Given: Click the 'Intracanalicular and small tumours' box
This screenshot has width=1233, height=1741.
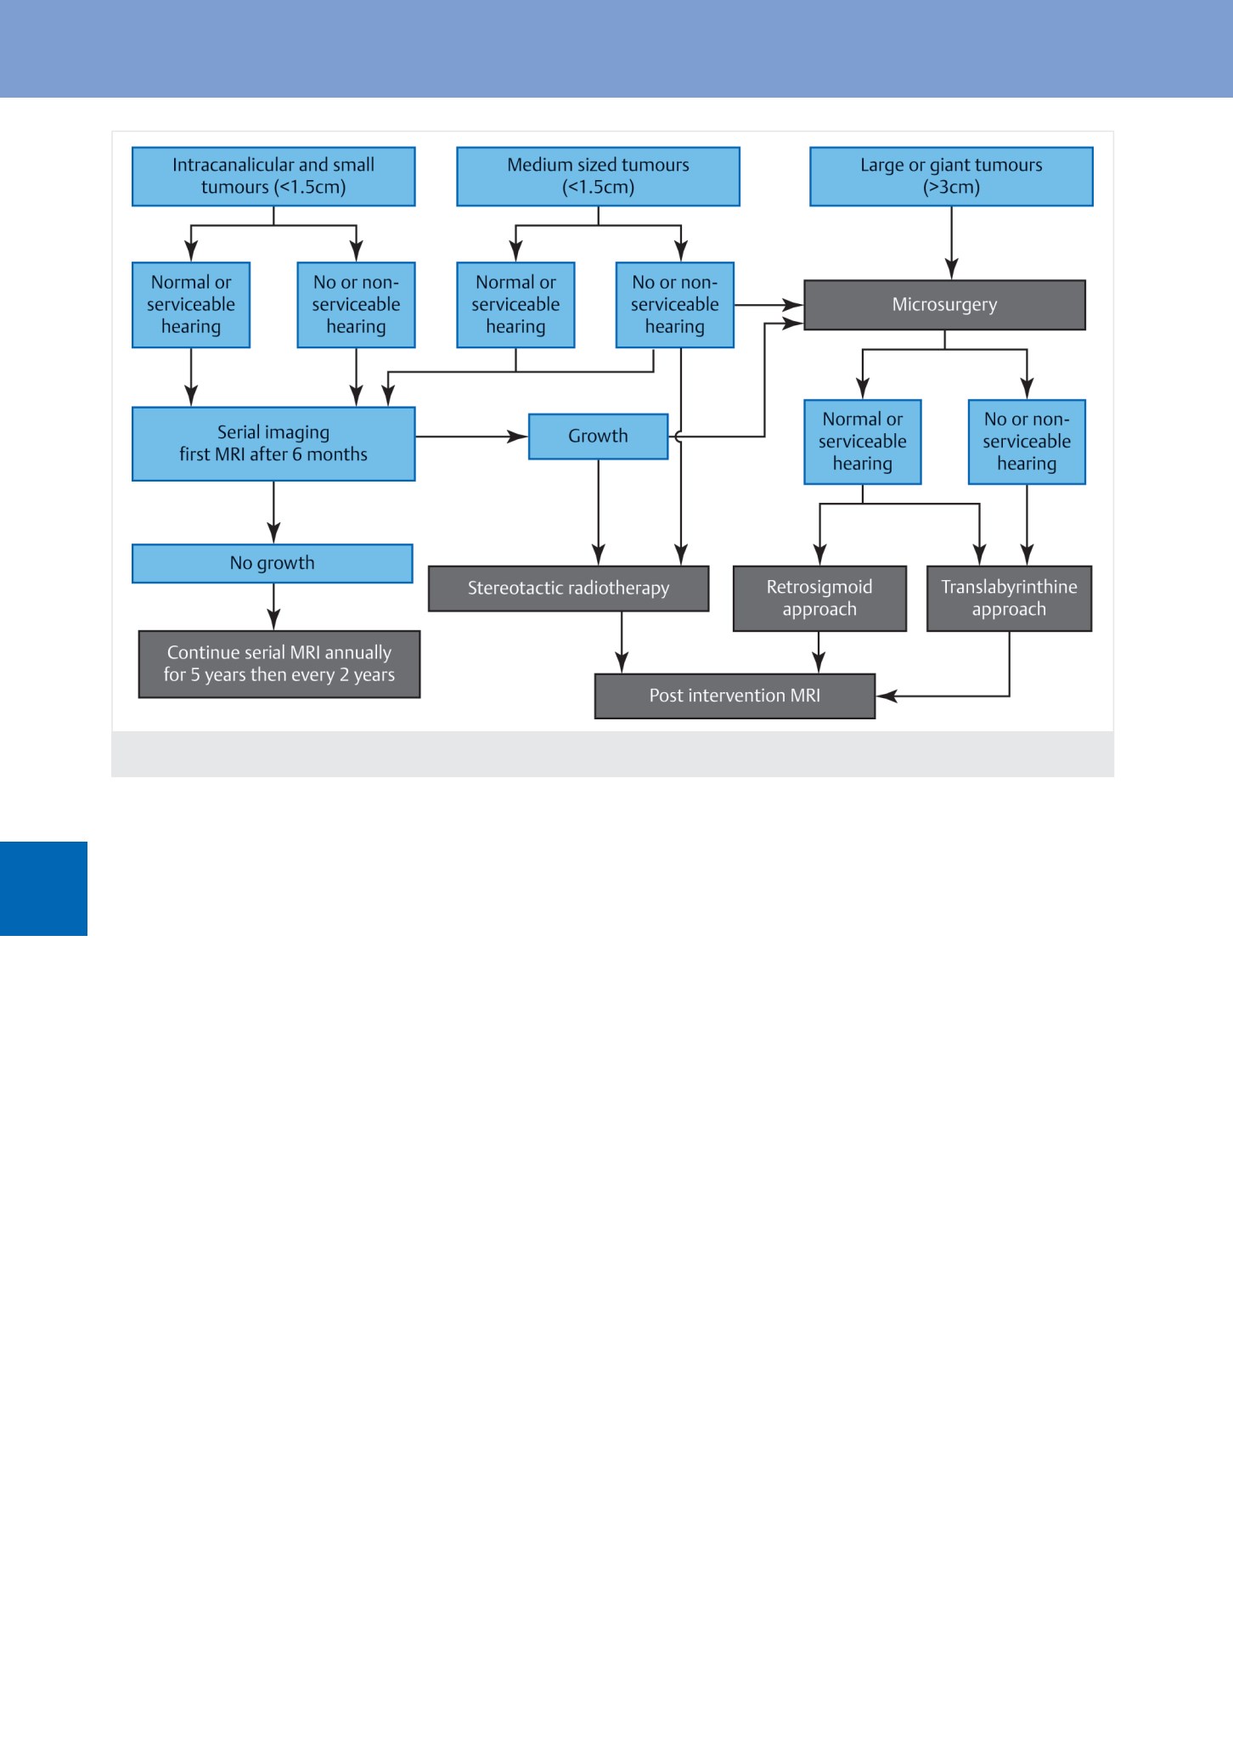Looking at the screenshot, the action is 273,177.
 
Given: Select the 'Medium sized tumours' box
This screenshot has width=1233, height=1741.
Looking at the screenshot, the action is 598,177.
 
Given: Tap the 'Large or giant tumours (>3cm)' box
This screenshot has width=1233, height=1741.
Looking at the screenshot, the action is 951,177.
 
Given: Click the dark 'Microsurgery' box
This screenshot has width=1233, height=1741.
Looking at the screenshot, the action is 944,305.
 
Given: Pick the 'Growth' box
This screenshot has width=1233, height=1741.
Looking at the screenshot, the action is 599,437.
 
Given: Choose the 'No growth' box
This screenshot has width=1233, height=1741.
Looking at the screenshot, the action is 273,564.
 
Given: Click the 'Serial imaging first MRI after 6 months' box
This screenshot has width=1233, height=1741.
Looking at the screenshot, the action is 273,444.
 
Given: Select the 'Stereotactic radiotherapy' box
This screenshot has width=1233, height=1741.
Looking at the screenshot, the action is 569,589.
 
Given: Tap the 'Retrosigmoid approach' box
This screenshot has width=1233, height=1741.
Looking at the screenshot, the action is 819,599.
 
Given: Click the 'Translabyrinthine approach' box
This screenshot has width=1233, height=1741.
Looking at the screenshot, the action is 1009,599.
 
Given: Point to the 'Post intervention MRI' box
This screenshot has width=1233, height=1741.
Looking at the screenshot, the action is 735,696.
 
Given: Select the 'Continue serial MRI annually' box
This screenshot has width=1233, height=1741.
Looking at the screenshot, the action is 279,664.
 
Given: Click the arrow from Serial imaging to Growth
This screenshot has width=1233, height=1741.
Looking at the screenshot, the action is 472,437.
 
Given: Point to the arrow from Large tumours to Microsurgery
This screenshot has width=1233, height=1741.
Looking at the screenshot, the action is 951,243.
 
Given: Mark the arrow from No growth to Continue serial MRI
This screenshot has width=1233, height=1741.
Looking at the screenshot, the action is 273,606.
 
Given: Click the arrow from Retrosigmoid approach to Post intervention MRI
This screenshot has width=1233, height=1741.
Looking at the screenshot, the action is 819,652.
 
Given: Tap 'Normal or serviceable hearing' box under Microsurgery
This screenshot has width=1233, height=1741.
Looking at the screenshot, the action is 863,442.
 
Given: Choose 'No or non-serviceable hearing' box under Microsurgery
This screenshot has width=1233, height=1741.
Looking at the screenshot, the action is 1027,442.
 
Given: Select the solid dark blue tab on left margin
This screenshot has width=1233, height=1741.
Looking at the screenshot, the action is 43,888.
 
